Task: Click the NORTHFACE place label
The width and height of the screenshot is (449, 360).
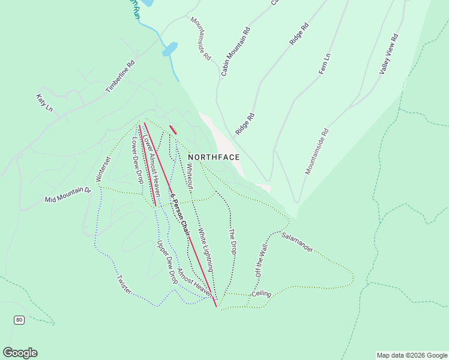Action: (214, 157)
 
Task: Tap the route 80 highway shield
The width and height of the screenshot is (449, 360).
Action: (19, 320)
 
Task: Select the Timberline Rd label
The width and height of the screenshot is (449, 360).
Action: (121, 76)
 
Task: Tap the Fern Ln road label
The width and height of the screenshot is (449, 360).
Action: (325, 64)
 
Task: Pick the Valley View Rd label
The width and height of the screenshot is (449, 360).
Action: (389, 54)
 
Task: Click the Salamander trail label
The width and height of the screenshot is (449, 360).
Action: (297, 241)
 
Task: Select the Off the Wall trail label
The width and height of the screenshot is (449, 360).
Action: (261, 260)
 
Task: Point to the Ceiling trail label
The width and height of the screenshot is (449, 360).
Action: (262, 293)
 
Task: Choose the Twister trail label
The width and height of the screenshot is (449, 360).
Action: (124, 283)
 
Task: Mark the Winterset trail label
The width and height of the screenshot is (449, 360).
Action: (103, 169)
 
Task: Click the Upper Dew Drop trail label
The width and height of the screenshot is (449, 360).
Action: (167, 262)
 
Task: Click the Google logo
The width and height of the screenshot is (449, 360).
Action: (20, 353)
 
